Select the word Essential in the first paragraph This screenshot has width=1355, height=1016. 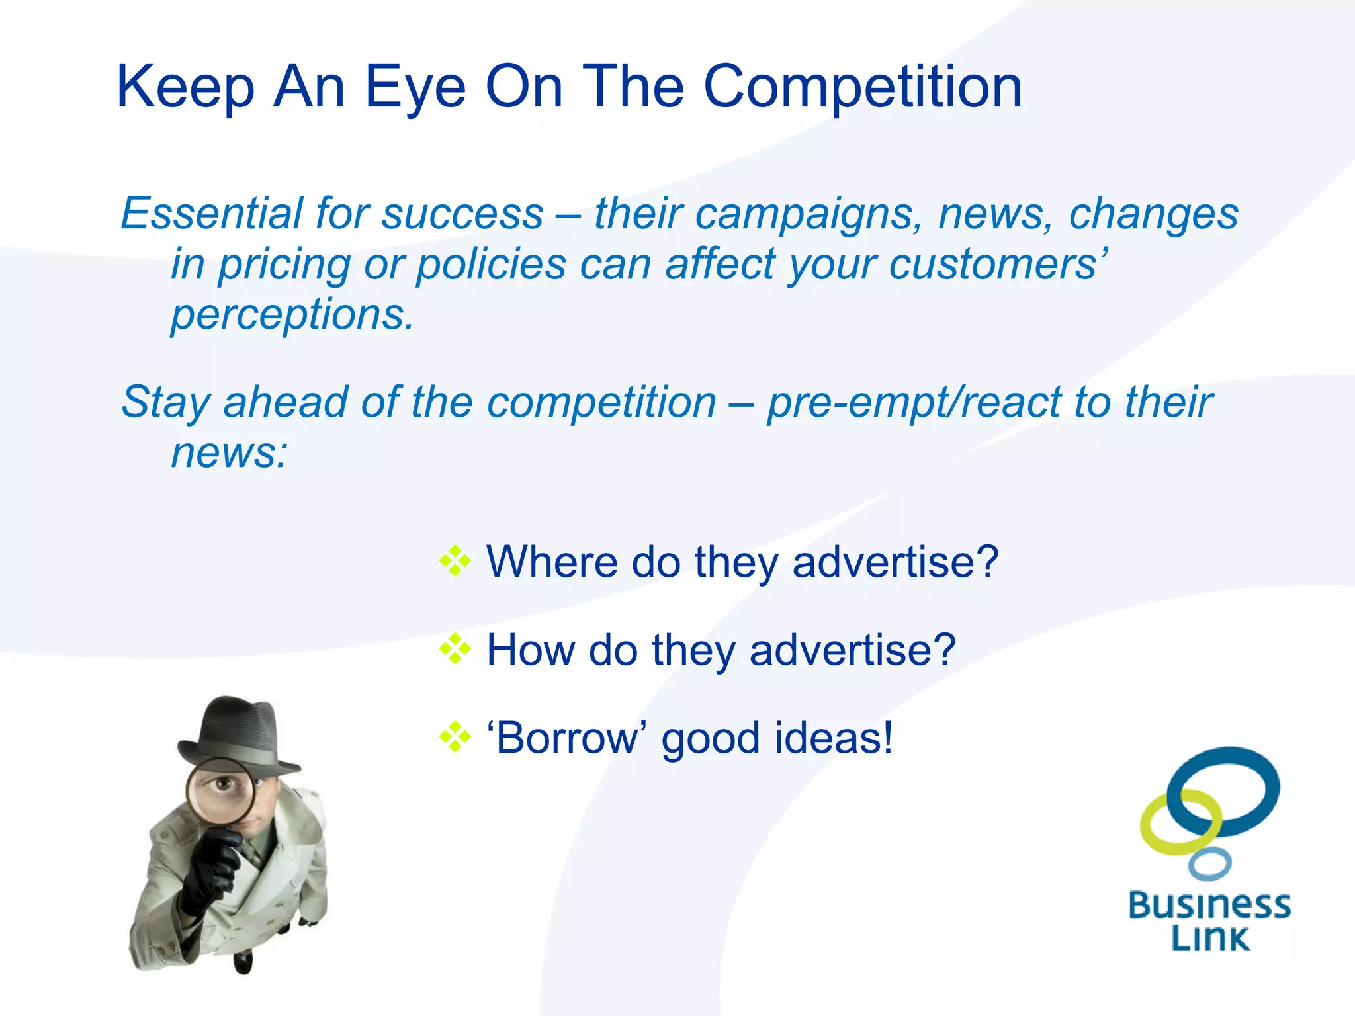pos(211,214)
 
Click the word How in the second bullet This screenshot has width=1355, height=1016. pos(530,650)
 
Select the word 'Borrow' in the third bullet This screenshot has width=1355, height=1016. pos(566,738)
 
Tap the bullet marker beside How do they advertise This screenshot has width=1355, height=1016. pos(455,650)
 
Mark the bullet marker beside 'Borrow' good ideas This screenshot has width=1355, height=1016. pos(455,738)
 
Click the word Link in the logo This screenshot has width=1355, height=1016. pos(1210,938)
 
